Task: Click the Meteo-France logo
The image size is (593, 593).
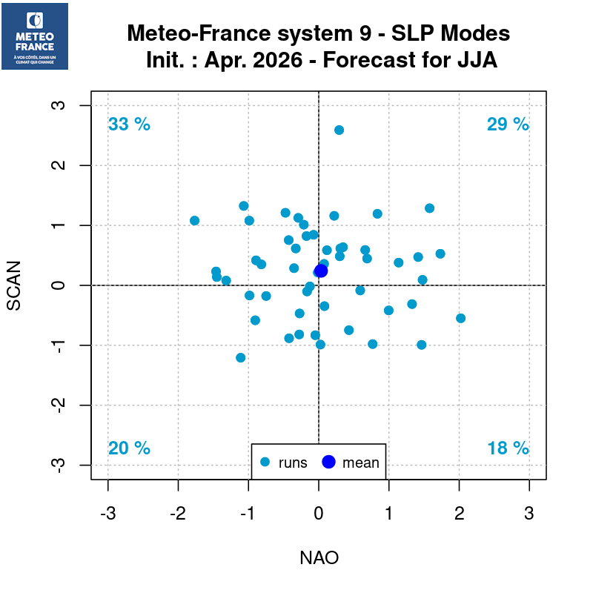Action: tap(35, 36)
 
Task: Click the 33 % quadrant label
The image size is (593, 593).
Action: tap(129, 125)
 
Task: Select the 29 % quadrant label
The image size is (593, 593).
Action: tap(508, 125)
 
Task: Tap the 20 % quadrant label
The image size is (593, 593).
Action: tap(129, 448)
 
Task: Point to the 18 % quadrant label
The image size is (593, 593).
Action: tap(508, 448)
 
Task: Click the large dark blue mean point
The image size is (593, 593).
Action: tap(321, 271)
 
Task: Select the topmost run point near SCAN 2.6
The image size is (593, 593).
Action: tap(339, 130)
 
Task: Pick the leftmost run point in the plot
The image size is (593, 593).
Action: tap(194, 220)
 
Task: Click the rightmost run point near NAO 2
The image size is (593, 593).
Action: tap(460, 318)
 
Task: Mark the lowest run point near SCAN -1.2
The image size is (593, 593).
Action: tap(240, 357)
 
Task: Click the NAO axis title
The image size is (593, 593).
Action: tap(319, 557)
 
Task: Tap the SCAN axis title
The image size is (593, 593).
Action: tap(23, 285)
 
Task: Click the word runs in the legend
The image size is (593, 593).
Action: tap(293, 463)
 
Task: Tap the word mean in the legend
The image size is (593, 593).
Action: tap(360, 463)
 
